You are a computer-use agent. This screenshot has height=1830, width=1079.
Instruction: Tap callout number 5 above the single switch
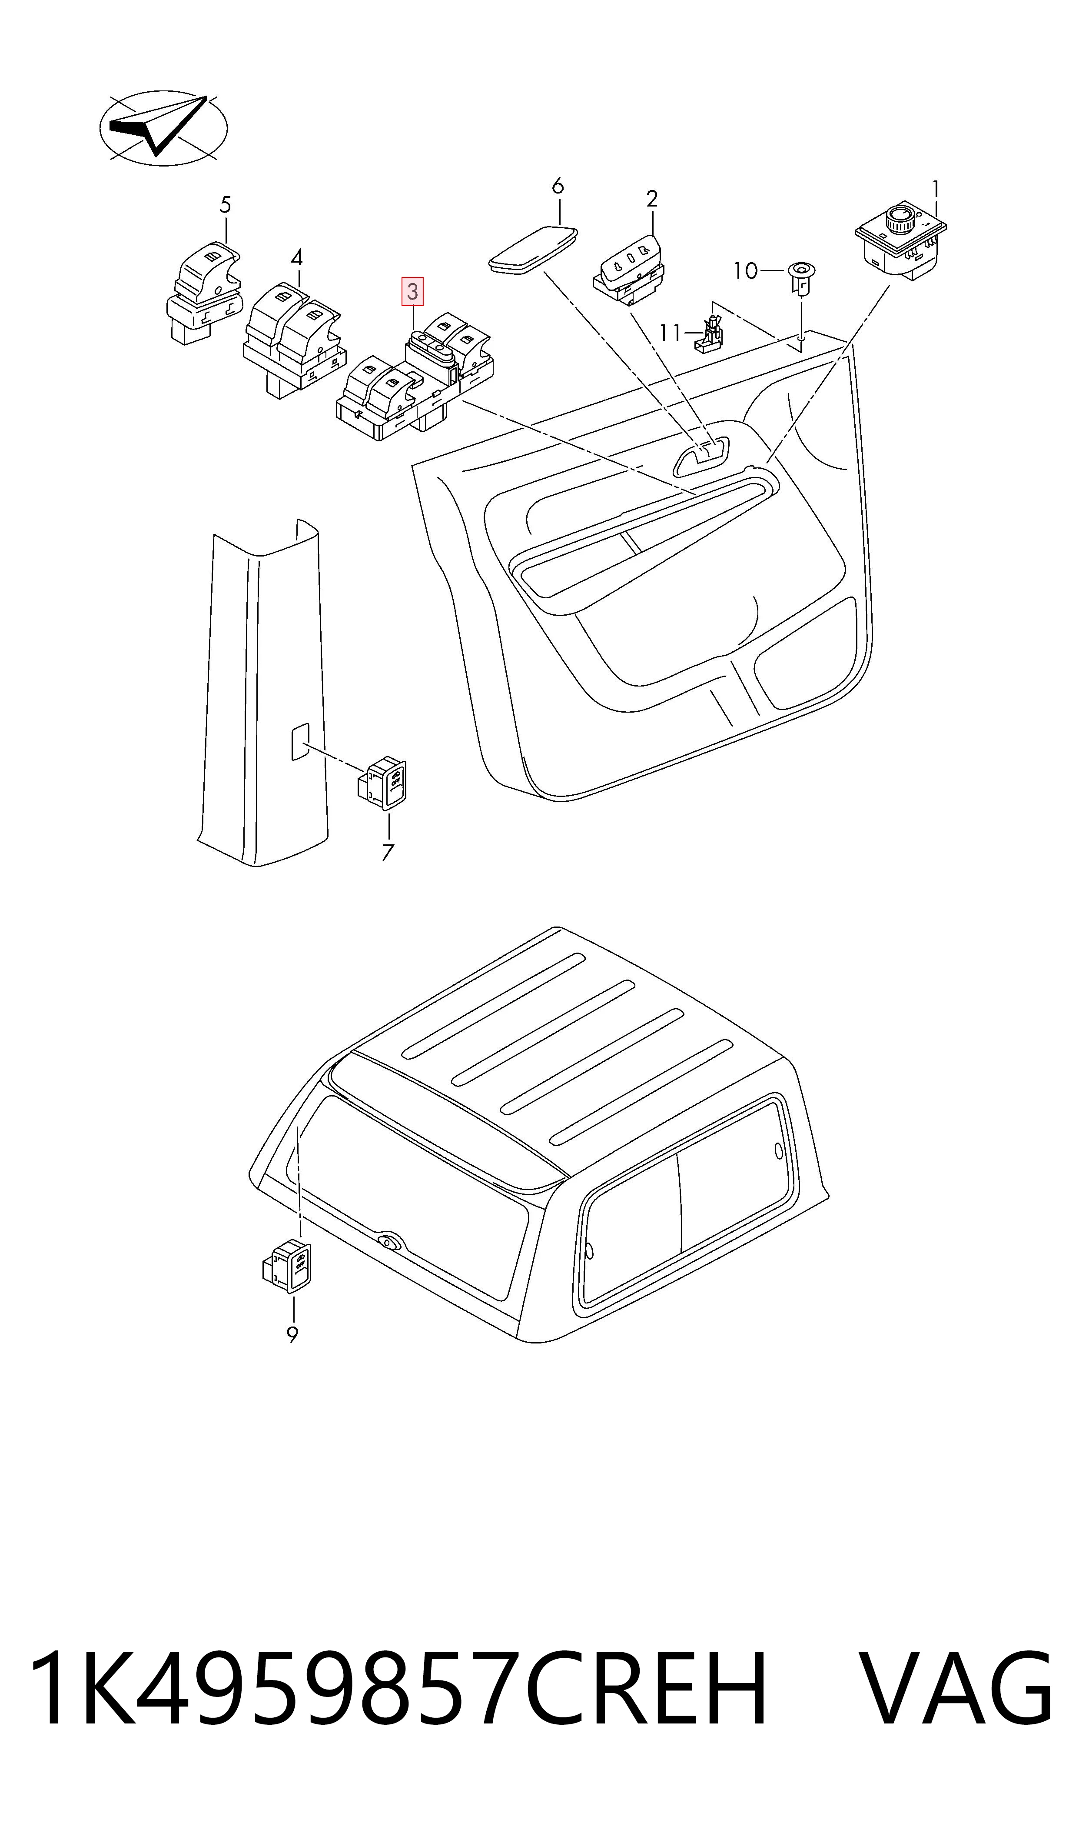coord(226,205)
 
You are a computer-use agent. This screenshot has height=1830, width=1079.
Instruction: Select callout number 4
coord(297,257)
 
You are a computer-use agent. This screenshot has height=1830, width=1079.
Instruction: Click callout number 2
coord(652,199)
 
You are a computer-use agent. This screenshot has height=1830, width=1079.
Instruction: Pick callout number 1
coord(936,189)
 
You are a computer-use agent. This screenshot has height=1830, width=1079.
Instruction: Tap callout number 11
coord(670,333)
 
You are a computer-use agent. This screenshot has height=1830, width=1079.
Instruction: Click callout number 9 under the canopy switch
coord(292,1335)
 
